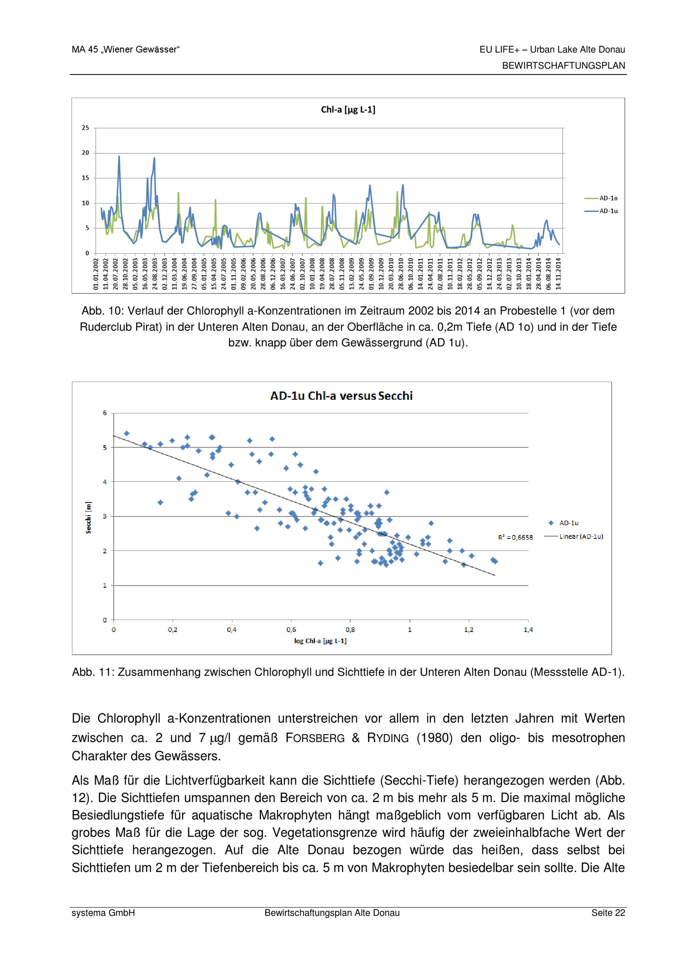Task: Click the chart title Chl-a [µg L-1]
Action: [348, 110]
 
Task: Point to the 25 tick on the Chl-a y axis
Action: [85, 128]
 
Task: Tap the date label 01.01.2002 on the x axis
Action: [96, 274]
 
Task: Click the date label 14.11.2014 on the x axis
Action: [558, 274]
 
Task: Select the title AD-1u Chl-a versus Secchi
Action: [341, 396]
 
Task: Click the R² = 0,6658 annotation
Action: [515, 537]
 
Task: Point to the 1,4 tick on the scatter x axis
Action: [528, 629]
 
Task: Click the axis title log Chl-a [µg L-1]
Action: [320, 641]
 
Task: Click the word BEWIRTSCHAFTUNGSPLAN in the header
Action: [563, 66]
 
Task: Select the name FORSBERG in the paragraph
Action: [315, 738]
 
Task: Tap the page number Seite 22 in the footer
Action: [608, 913]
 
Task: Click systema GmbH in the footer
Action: [103, 913]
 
